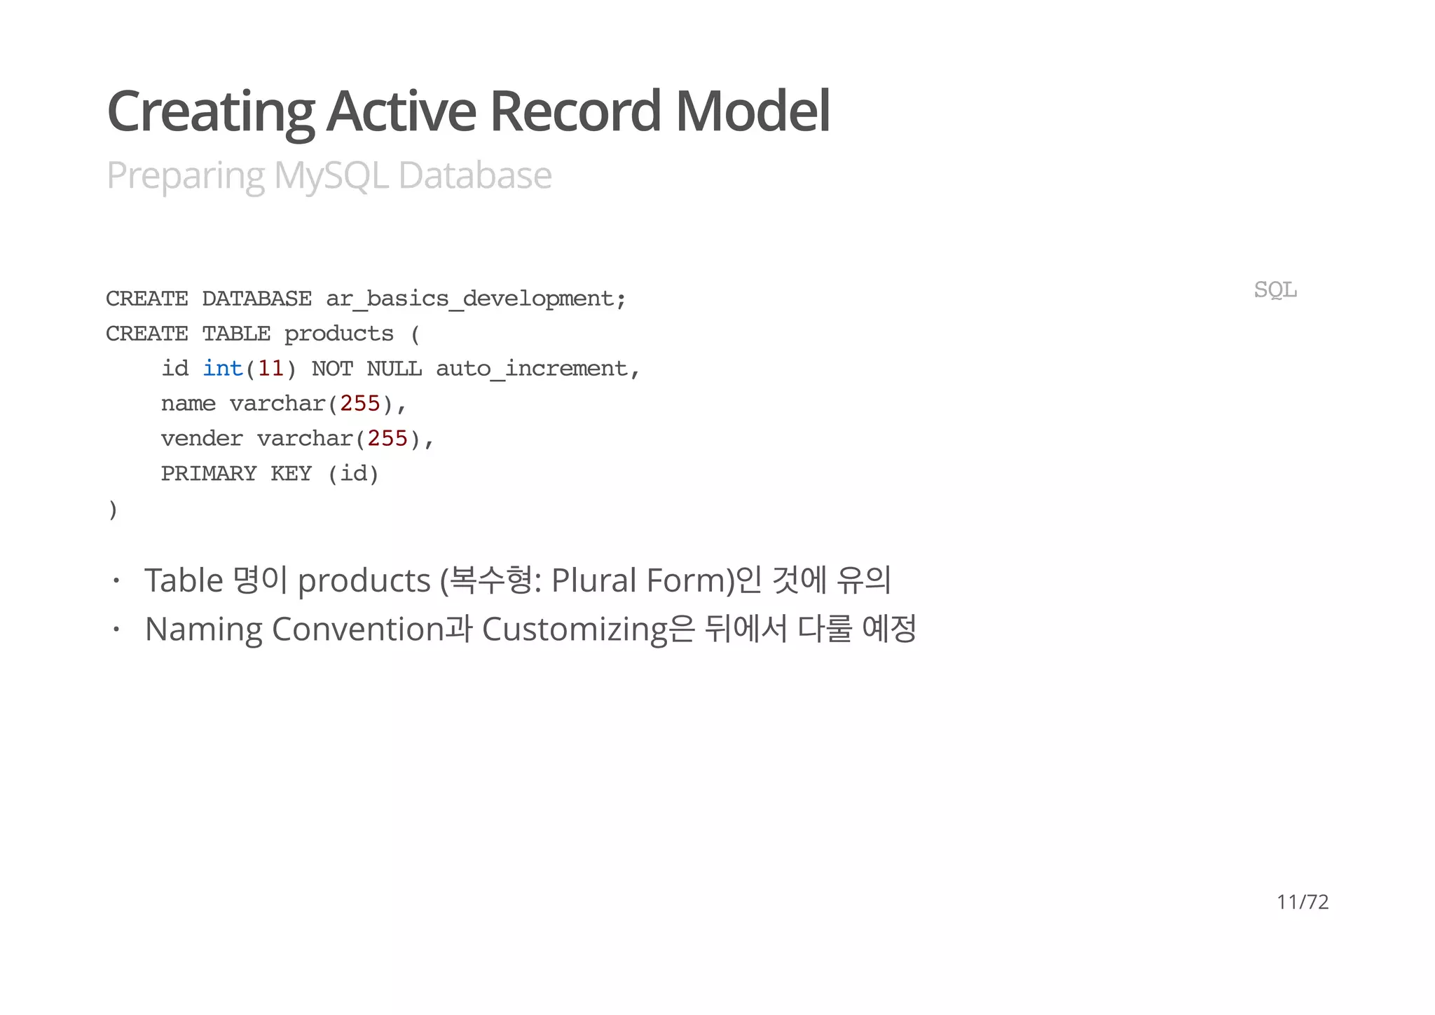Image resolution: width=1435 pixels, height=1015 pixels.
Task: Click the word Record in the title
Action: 575,111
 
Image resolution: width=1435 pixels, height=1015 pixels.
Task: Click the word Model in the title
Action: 753,111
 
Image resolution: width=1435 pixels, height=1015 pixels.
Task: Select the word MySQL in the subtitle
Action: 331,175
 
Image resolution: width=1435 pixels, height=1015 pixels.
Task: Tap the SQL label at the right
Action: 1275,289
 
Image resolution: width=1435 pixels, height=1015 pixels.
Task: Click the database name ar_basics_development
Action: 469,299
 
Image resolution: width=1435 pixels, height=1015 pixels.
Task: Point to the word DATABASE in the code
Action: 256,299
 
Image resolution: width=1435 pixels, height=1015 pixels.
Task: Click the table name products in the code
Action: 338,334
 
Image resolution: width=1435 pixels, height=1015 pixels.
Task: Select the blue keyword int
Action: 222,369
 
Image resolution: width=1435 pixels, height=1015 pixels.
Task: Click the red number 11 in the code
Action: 270,369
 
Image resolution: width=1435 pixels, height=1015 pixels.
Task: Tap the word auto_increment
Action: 531,369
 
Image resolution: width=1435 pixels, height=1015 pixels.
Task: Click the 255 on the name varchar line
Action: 359,404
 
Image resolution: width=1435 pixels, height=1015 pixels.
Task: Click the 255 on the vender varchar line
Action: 387,439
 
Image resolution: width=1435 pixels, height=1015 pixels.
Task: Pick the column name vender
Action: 202,439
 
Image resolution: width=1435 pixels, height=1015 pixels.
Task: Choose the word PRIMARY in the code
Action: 209,474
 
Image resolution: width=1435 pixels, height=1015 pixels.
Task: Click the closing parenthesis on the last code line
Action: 113,510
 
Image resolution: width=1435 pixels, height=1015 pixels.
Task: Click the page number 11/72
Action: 1302,901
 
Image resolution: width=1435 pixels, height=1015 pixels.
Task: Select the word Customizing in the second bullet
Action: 575,629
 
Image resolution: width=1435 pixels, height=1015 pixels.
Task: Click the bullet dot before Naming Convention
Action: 116,629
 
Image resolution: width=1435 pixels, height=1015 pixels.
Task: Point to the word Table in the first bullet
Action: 184,580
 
